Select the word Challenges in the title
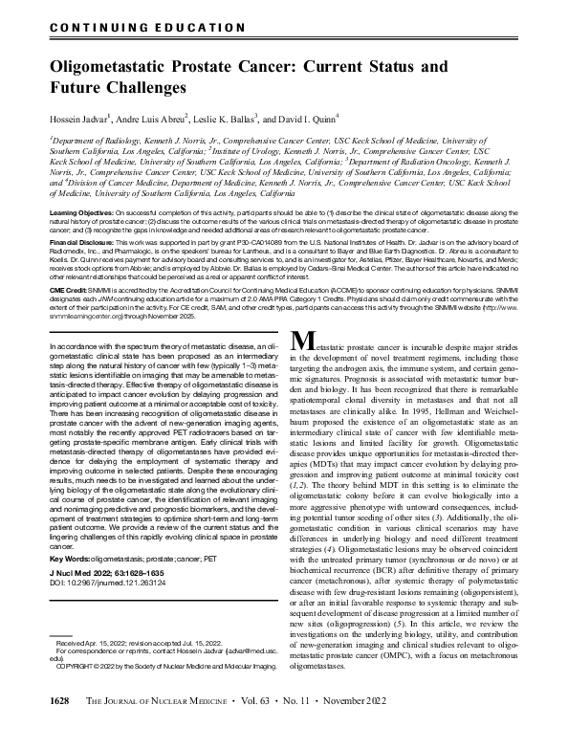[142, 89]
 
